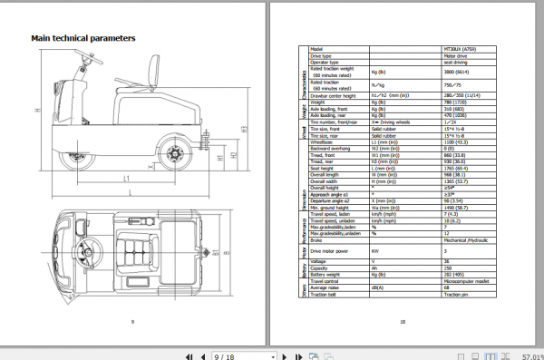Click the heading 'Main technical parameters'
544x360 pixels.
click(x=83, y=39)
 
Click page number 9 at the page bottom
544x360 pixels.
click(x=132, y=322)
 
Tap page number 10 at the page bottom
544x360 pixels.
click(x=402, y=322)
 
